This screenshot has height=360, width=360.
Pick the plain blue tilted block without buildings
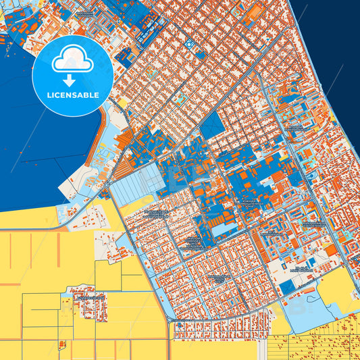pos(211,126)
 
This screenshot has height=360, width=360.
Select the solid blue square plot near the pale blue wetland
pos(286,288)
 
